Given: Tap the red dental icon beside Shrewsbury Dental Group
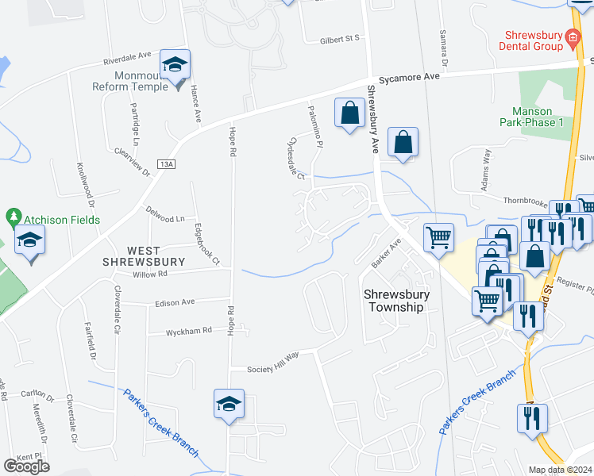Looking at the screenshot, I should (572, 36).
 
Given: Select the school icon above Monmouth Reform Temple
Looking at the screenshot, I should (175, 65).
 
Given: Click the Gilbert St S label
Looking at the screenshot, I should (340, 38).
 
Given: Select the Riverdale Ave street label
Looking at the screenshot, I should (127, 59).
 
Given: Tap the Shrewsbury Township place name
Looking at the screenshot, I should (396, 300).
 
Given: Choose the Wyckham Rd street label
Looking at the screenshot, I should (189, 330).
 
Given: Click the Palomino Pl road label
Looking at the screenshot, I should (315, 129).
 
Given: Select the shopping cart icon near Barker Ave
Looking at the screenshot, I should (438, 236).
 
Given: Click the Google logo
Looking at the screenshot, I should (26, 466).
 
